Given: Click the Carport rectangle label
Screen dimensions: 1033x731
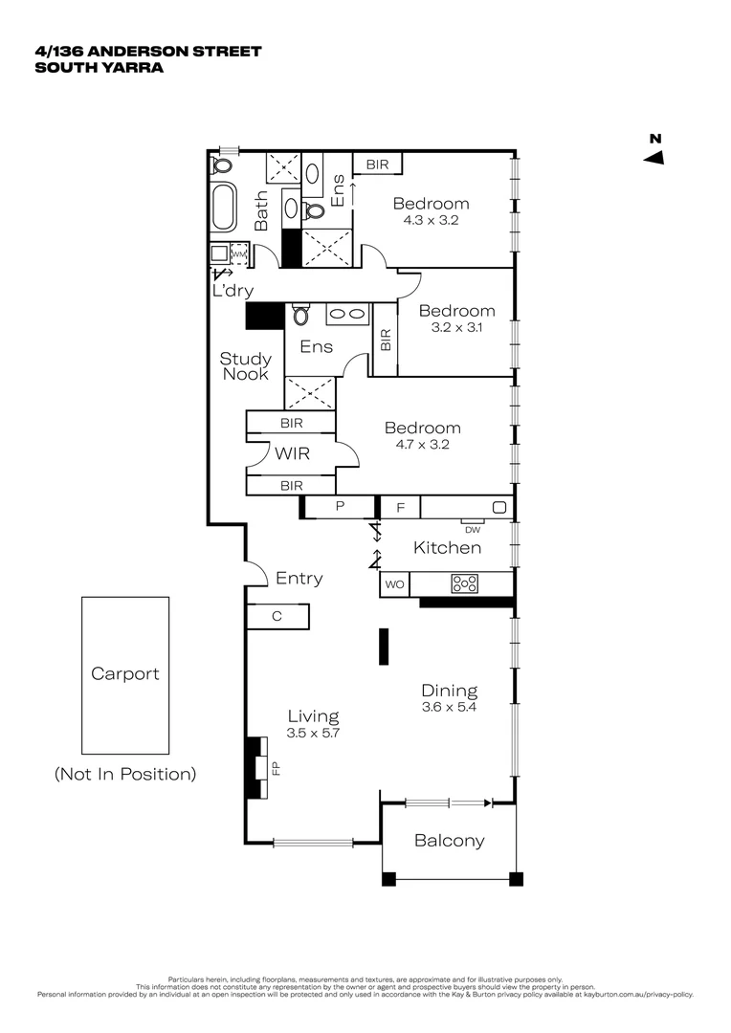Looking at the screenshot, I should point(124,673).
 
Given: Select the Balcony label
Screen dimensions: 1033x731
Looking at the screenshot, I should point(449,841).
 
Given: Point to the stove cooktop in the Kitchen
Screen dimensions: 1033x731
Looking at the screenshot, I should point(465,583).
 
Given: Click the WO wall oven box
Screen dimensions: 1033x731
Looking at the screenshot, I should point(394,583).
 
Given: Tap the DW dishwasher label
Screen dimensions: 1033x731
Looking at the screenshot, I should point(472,529).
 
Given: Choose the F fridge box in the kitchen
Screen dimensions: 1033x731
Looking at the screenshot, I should point(400,507).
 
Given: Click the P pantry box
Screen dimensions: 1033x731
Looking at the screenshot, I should point(340,507).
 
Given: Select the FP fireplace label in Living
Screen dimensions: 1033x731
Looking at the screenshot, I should point(276,766).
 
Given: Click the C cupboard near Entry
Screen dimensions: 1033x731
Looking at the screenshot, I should point(277,617).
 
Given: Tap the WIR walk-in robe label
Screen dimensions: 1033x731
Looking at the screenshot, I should point(292,453).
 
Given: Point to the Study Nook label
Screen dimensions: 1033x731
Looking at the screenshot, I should point(246,366).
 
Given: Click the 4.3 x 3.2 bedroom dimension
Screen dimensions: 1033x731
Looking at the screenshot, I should point(431,220).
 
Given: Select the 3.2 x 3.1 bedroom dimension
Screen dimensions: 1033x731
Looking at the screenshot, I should point(456,327).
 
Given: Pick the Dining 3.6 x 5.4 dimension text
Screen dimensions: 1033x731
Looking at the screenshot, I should point(449,708).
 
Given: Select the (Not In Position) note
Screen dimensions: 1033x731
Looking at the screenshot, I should point(125,774).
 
